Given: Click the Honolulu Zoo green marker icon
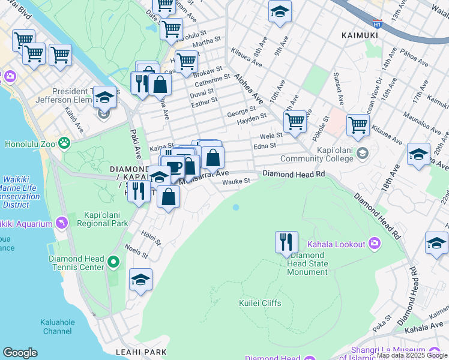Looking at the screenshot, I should coord(64,143).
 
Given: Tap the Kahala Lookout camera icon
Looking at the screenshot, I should coord(375,244).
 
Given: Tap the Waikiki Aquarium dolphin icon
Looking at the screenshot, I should coord(62,223).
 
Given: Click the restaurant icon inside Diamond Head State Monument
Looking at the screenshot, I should coord(286,242).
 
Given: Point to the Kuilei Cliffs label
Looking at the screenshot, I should coord(260,303).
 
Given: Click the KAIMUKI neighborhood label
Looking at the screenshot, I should coord(360,35).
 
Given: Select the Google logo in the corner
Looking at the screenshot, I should coord(20,353).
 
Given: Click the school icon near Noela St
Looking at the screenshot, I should coord(140,279).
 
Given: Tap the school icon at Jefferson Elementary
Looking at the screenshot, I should coord(105,97).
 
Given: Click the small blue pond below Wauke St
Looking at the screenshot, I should coord(235,207).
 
